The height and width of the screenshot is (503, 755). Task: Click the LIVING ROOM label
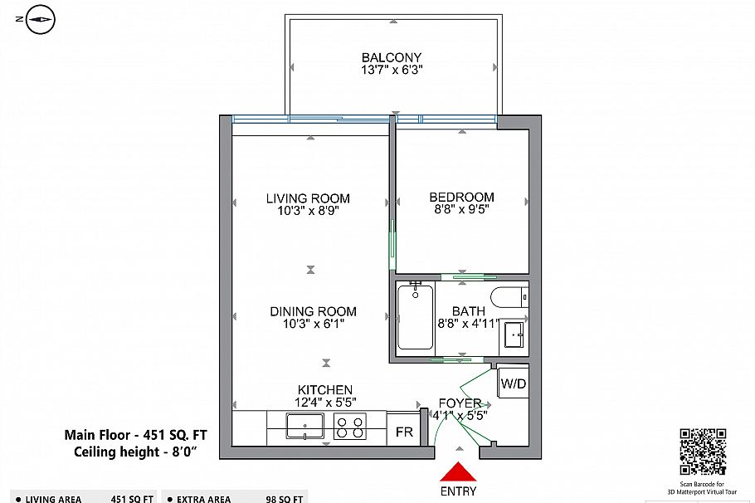[308, 198]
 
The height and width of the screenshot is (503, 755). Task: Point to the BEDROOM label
[461, 197]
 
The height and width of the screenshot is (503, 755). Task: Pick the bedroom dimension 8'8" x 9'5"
[461, 209]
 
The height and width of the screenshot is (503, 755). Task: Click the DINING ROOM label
[313, 311]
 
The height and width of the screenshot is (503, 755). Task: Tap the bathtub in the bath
[414, 316]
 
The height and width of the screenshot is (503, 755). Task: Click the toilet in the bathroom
[509, 297]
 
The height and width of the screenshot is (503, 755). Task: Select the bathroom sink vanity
[515, 335]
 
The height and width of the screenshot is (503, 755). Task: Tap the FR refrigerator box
[404, 432]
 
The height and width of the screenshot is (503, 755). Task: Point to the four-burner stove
[349, 427]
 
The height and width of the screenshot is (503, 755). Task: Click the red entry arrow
[457, 472]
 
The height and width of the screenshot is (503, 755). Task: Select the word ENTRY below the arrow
[457, 491]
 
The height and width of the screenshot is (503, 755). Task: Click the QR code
[703, 452]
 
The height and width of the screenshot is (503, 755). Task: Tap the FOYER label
[460, 403]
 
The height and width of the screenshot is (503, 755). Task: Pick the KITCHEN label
[325, 389]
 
